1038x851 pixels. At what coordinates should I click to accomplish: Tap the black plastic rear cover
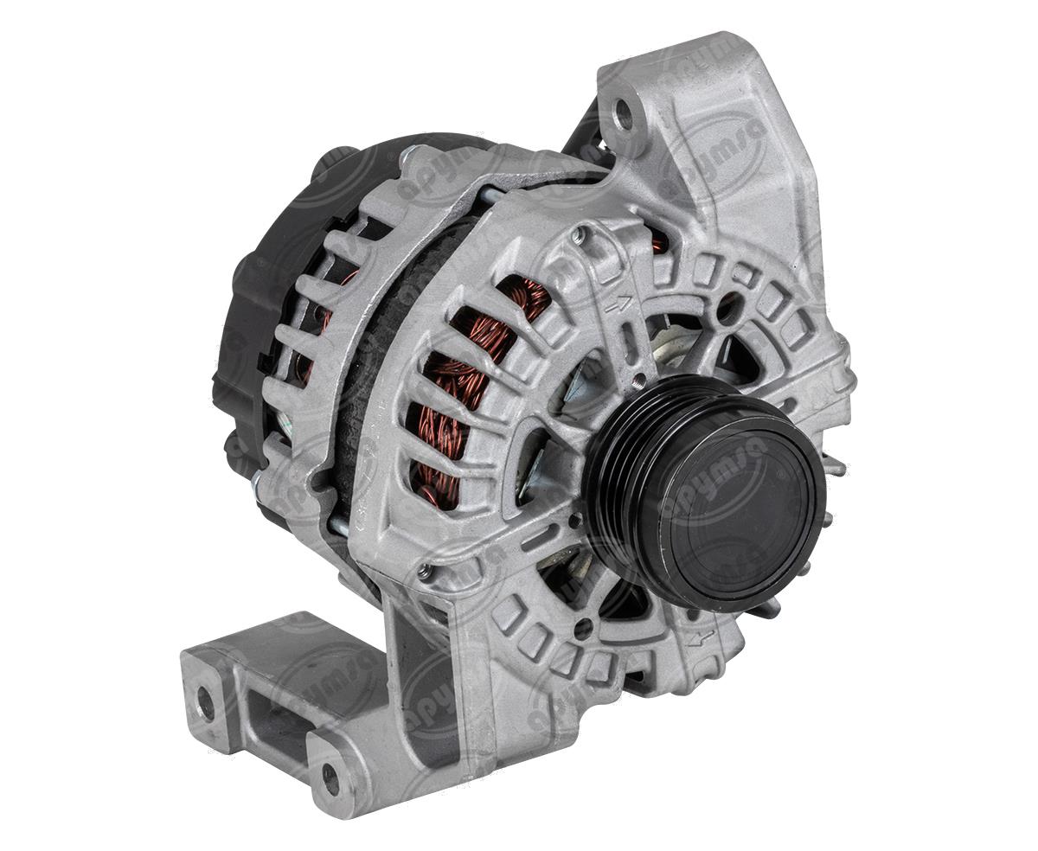point(251,285)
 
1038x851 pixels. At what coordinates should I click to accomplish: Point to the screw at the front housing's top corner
point(590,234)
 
